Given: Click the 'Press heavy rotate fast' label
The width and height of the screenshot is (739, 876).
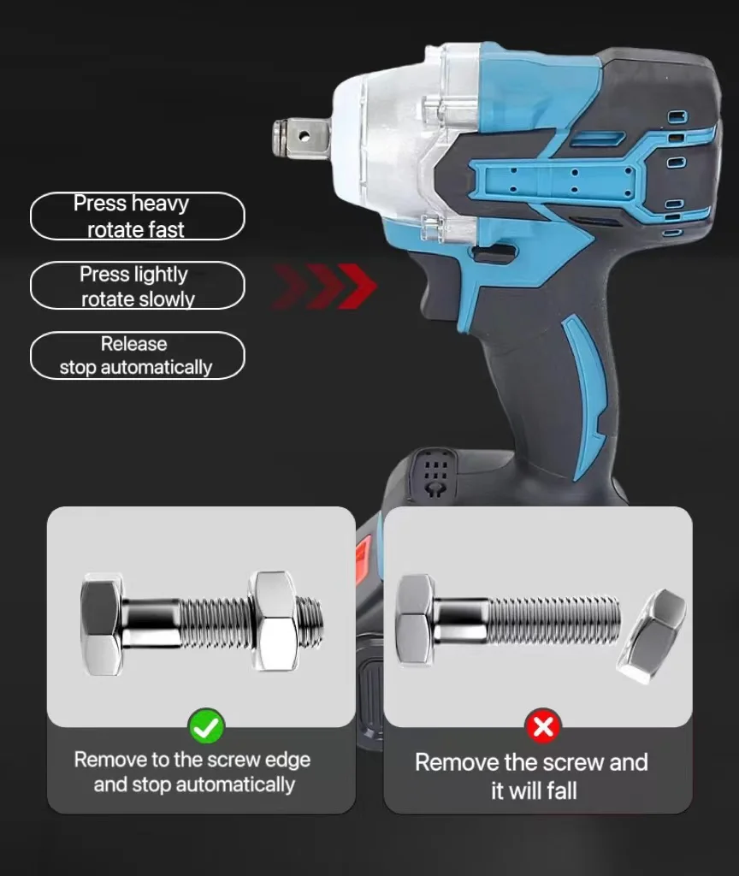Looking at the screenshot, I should [137, 216].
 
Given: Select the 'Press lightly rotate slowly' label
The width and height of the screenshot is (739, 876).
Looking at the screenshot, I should [137, 286].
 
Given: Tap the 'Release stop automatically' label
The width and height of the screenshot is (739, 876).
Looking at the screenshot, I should [137, 355].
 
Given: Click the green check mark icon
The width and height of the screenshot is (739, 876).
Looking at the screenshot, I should [206, 727].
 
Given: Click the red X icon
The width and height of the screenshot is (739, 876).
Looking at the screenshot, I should [542, 728].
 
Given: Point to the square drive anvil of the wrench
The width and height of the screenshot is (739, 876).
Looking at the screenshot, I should [301, 135].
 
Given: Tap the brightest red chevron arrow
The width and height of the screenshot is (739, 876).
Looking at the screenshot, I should [357, 286].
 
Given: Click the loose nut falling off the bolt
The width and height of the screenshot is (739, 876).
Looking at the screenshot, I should [651, 636].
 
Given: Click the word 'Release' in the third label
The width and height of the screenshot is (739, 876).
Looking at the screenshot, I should [134, 344].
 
